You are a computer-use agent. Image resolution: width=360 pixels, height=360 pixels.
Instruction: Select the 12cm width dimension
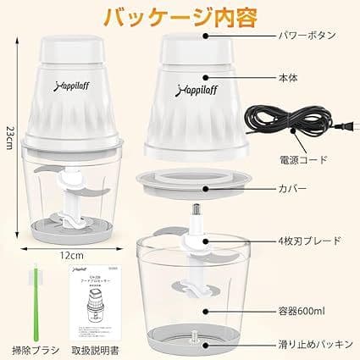(71, 253)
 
